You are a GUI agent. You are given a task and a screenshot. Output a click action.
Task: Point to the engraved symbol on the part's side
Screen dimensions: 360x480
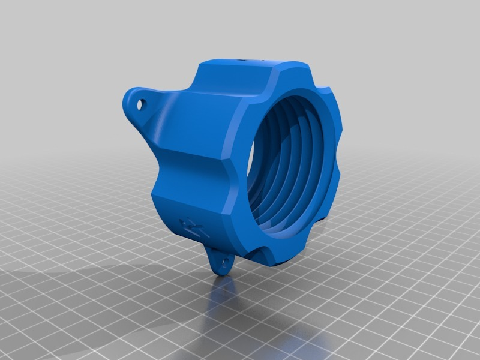[x=191, y=226]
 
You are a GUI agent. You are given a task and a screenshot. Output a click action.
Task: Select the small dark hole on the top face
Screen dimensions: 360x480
[x=247, y=60]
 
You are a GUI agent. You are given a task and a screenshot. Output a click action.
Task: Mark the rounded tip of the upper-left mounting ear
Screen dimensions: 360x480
[x=130, y=98]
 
